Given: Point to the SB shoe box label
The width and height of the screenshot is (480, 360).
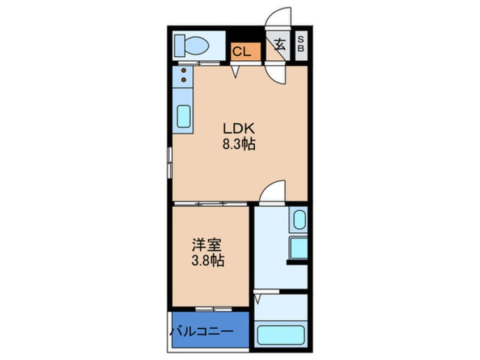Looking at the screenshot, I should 301,44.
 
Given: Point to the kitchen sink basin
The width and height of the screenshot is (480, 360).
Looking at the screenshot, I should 184,116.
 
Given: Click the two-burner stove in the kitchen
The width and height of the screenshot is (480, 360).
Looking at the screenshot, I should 183,75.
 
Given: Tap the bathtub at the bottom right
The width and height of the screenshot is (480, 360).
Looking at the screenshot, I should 281,334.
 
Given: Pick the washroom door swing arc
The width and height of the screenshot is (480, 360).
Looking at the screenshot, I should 272,190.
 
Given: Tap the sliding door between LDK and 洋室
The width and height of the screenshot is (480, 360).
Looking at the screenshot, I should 211,203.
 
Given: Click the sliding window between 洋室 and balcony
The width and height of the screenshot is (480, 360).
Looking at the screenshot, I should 209,309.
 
